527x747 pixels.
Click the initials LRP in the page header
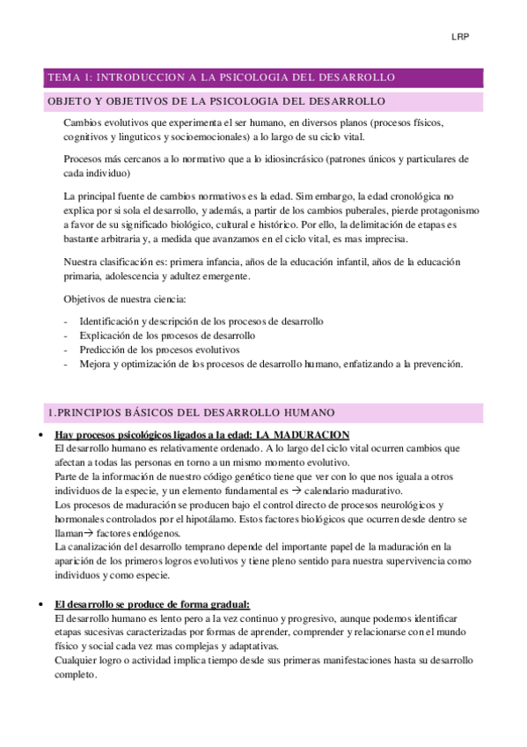coord(460,37)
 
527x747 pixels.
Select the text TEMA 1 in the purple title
coord(68,78)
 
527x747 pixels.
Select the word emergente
coord(223,277)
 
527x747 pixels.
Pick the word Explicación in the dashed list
coord(103,336)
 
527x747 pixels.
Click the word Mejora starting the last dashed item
coord(94,364)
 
